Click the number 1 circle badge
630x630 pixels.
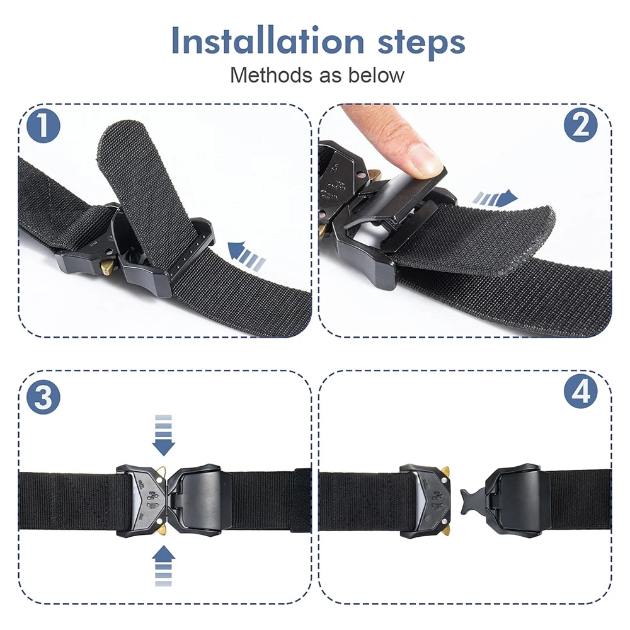pyautogui.click(x=42, y=125)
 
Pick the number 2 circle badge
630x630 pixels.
pyautogui.click(x=580, y=125)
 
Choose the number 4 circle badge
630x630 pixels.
pyautogui.click(x=580, y=393)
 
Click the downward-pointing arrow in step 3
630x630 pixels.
pyautogui.click(x=164, y=435)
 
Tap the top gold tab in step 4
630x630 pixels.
pyautogui.click(x=445, y=471)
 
